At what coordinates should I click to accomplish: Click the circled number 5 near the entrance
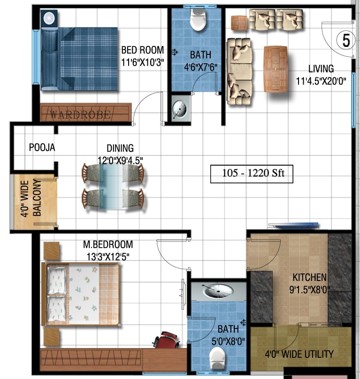click(346, 40)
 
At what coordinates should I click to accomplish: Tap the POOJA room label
click(42, 147)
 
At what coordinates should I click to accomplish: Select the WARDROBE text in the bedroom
click(80, 114)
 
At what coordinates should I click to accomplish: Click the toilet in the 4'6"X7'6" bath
click(198, 20)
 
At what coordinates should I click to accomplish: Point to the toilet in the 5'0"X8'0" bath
click(217, 358)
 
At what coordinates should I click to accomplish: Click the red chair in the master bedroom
click(167, 340)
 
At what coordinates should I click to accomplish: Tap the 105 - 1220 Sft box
click(252, 174)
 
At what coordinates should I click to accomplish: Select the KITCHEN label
click(309, 277)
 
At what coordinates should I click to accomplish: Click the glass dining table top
click(111, 186)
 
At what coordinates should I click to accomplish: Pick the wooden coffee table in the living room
click(276, 69)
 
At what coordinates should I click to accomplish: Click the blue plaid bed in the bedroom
click(79, 59)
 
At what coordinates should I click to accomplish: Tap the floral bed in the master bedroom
click(81, 295)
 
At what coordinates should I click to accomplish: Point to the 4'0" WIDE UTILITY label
click(299, 354)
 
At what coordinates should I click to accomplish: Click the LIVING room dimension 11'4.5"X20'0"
click(321, 81)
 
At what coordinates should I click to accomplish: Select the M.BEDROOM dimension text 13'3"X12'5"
click(108, 257)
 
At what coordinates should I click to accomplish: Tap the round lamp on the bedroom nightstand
click(49, 18)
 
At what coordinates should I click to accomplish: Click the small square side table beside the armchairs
click(239, 23)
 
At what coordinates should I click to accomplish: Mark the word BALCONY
click(37, 197)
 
